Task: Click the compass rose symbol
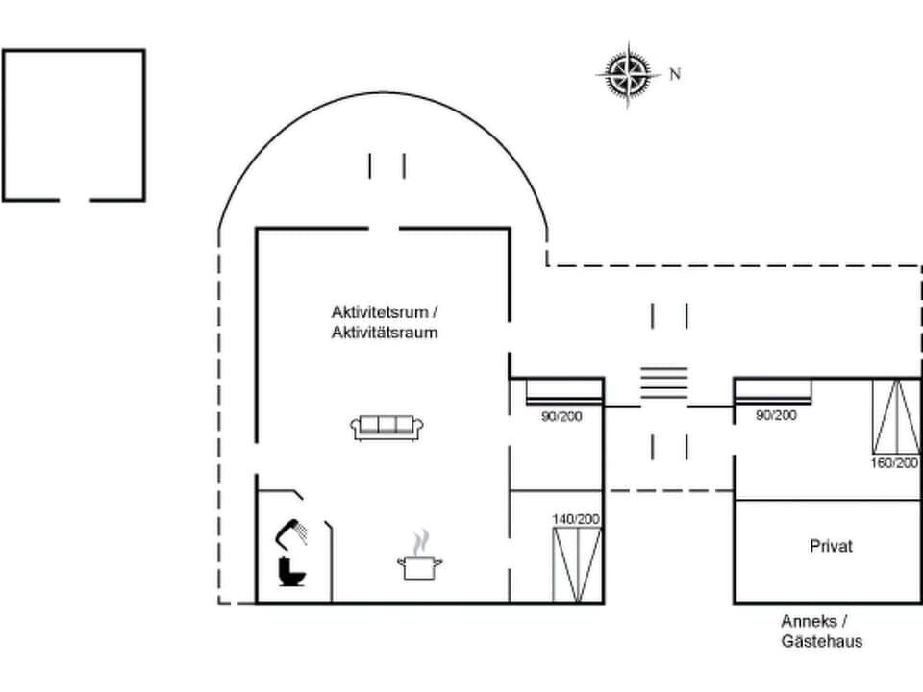626,74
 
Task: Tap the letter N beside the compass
675,74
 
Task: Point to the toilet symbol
290,572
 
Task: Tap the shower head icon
292,531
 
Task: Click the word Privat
831,546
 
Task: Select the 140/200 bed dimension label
576,519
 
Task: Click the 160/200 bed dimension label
895,462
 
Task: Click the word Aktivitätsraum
385,333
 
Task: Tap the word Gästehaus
821,641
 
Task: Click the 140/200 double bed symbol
577,564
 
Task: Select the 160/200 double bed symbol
895,416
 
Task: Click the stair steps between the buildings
665,382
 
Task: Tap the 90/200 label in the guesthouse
776,415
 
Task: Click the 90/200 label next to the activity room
561,415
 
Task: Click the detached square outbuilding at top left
74,125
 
